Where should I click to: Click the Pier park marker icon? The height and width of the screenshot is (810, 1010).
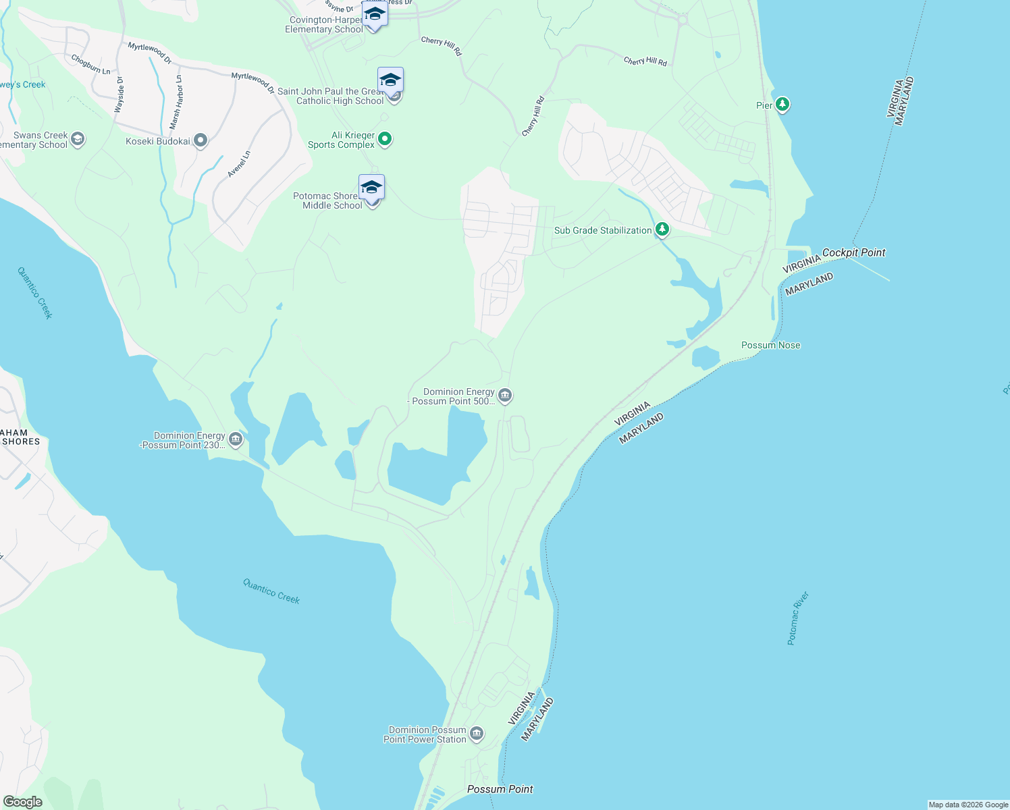[x=782, y=105]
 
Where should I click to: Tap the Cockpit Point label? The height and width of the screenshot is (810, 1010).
[x=853, y=252]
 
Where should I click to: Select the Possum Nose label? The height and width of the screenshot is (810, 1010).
[x=770, y=345]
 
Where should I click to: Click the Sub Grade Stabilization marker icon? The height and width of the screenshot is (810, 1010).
[x=662, y=230]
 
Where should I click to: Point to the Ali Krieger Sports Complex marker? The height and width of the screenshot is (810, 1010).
[x=385, y=139]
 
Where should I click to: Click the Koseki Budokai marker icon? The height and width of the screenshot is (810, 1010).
[x=201, y=140]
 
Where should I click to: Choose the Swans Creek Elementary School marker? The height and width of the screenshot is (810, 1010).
[x=78, y=139]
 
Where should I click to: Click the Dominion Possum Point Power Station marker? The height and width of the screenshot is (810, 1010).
[x=477, y=734]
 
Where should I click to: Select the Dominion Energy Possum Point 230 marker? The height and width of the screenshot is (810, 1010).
[x=236, y=439]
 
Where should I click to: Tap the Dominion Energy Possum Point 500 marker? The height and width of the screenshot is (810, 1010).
[x=505, y=395]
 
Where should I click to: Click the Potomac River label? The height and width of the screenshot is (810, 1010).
[x=798, y=618]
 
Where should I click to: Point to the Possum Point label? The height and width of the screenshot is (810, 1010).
[x=500, y=789]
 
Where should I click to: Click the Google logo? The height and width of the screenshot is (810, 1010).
[x=23, y=801]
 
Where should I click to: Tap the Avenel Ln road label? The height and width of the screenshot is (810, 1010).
[x=239, y=164]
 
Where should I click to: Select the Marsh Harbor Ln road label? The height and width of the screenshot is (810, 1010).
[x=176, y=102]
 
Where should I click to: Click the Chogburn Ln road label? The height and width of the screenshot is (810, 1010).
[x=90, y=64]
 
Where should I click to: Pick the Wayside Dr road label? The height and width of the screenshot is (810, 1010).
[x=119, y=94]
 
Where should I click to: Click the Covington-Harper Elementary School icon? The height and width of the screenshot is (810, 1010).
[x=374, y=13]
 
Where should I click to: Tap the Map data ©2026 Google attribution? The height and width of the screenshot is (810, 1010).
[x=968, y=805]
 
